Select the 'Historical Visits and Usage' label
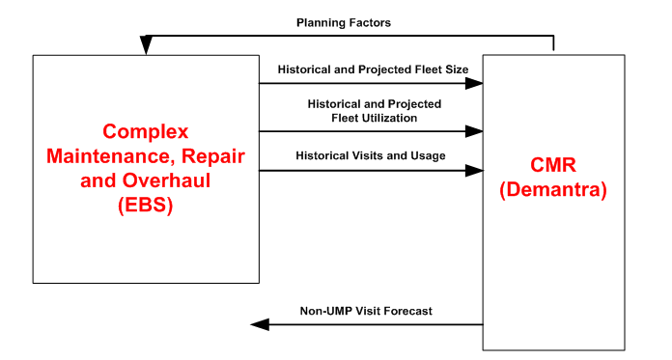(370, 155)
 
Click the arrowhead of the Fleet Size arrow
(474, 84)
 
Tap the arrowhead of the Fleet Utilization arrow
(474, 131)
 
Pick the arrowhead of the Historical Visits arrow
(474, 171)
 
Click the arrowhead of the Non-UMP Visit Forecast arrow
(258, 324)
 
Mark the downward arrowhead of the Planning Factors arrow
(146, 47)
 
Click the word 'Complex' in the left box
(146, 131)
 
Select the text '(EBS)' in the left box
(146, 204)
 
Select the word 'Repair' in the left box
(214, 155)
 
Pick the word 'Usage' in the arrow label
(426, 155)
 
